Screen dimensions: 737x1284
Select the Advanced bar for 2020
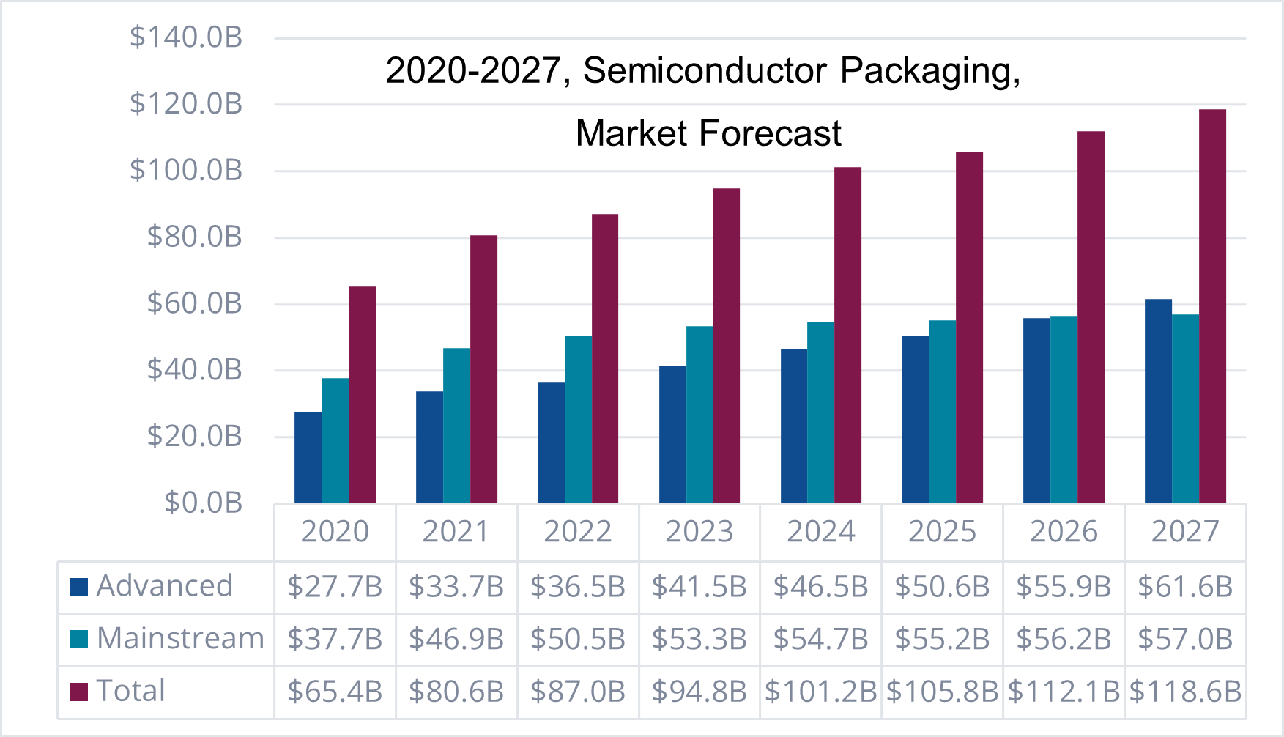(308, 457)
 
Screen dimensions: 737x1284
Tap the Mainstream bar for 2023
(699, 415)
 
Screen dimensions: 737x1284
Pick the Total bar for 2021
(483, 369)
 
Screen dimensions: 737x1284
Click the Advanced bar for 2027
(1158, 401)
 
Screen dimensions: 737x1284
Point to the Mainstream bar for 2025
(942, 412)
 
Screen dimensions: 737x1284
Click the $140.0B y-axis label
(186, 37)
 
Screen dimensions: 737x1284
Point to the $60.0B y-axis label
(195, 303)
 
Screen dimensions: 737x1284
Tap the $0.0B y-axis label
(204, 503)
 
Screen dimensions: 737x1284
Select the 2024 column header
(820, 532)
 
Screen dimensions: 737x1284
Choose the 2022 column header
(577, 532)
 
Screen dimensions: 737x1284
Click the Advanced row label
(164, 586)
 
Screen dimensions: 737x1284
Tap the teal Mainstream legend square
(79, 639)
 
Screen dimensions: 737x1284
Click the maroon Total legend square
(79, 692)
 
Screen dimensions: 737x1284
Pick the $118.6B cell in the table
(1185, 692)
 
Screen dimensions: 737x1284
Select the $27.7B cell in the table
(335, 587)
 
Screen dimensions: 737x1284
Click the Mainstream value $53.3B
(699, 640)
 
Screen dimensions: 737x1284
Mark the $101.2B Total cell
(820, 692)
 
